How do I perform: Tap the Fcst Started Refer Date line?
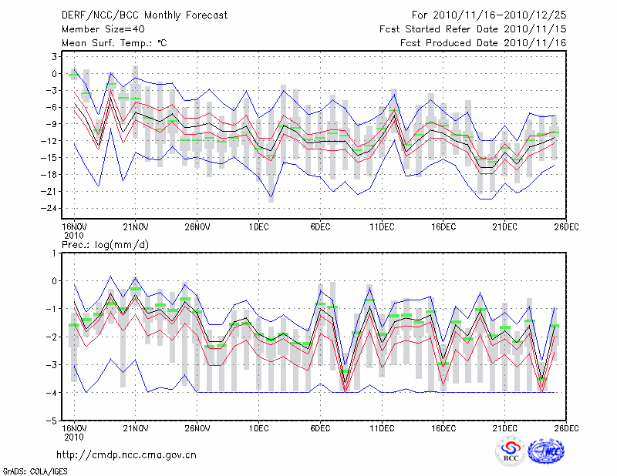pyautogui.click(x=473, y=29)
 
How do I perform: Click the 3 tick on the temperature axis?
pyautogui.click(x=56, y=57)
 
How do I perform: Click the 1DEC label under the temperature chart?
pyautogui.click(x=258, y=226)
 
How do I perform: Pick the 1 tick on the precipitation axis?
pyautogui.click(x=56, y=253)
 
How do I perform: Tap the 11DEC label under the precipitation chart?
pyautogui.click(x=382, y=427)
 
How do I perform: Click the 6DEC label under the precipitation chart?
pyautogui.click(x=320, y=427)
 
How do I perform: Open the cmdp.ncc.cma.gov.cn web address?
pyautogui.click(x=127, y=454)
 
